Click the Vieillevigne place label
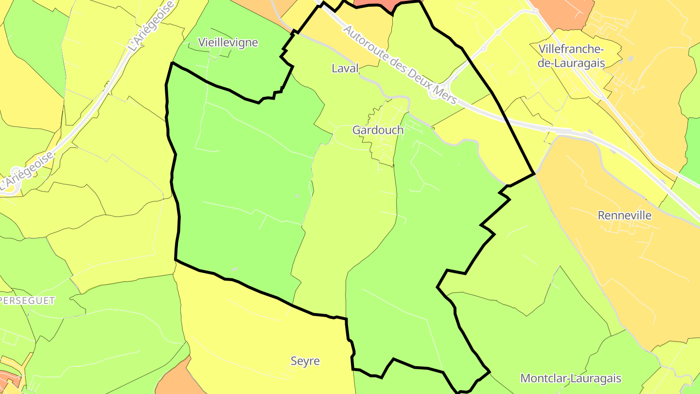pos(228,42)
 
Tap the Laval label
pos(345,68)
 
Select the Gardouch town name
pos(378,130)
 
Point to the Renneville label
pos(624,215)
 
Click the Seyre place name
pos(305,361)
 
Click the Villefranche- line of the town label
pos(571,49)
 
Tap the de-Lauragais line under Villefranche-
pos(571,63)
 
